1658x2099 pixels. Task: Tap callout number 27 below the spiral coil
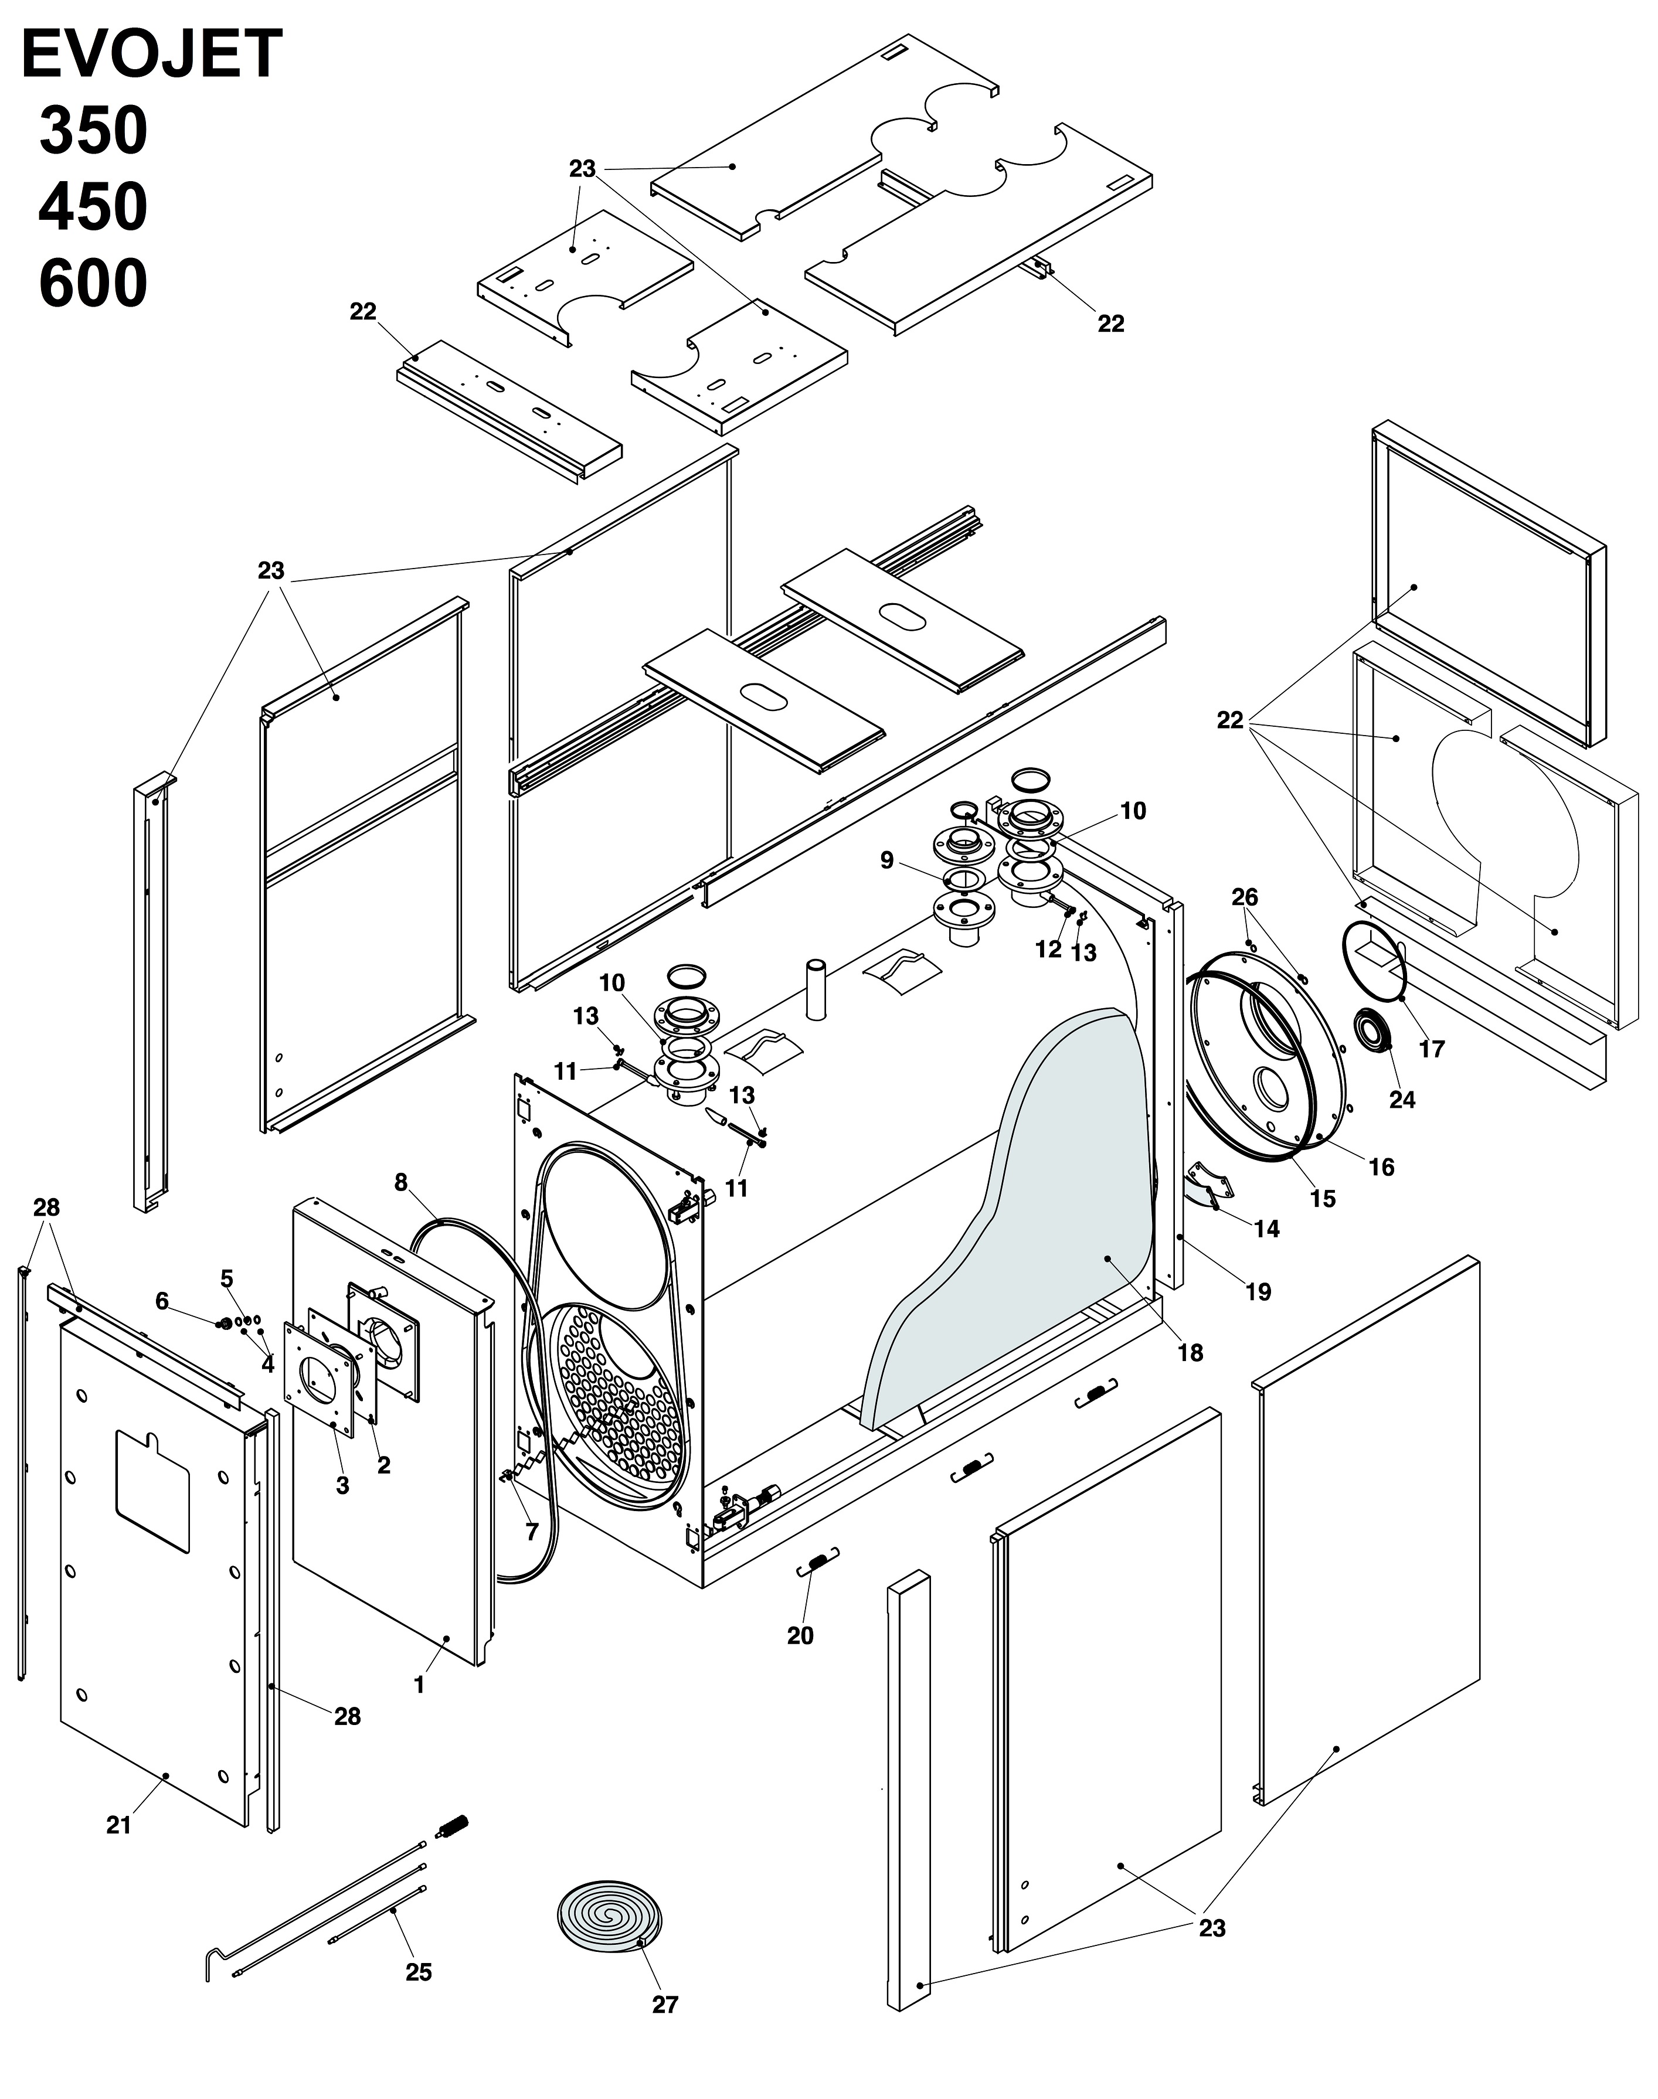click(x=665, y=2004)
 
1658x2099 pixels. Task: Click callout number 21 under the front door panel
click(x=118, y=1825)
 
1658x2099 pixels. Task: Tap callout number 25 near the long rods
click(x=419, y=1972)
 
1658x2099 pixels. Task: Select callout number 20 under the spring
click(x=800, y=1635)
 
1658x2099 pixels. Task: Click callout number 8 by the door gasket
click(x=401, y=1182)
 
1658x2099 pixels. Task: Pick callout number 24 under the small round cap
click(x=1402, y=1100)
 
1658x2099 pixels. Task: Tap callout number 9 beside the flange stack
click(x=886, y=860)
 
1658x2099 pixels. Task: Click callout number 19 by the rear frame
click(x=1258, y=1292)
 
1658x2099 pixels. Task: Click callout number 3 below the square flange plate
click(x=342, y=1485)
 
